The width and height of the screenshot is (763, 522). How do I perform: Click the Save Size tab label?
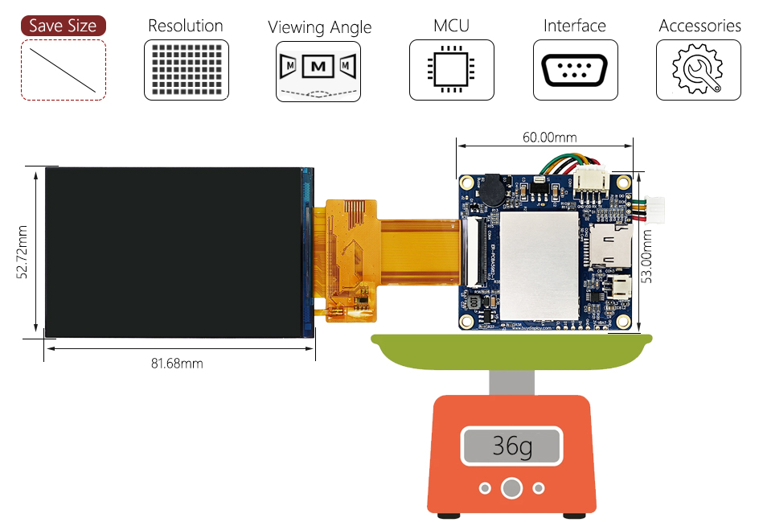(63, 26)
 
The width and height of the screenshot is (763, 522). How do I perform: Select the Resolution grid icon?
(186, 70)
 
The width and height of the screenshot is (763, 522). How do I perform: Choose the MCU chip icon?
(451, 70)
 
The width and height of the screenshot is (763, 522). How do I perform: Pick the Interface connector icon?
(575, 70)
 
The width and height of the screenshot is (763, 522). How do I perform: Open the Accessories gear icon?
(698, 71)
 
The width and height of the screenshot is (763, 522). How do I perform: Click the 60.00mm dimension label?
(549, 137)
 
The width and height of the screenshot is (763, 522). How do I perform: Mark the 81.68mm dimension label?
(177, 364)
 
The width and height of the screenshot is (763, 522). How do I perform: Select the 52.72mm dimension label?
(23, 251)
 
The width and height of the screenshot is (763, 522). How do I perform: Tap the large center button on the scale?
(511, 487)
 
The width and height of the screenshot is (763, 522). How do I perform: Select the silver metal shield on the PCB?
(540, 264)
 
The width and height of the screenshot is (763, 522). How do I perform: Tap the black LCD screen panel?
(173, 252)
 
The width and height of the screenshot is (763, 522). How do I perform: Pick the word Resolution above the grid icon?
(186, 26)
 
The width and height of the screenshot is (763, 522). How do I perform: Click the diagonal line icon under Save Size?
(63, 70)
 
